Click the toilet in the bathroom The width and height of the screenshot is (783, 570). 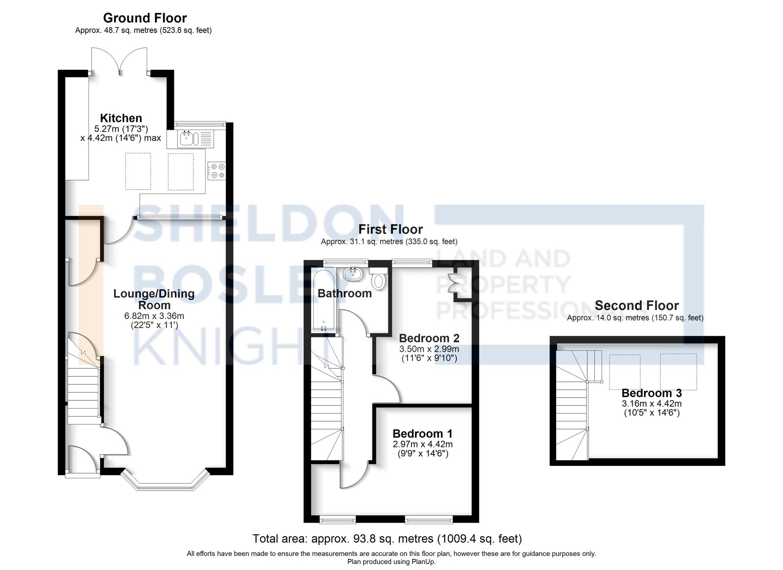click(x=378, y=280)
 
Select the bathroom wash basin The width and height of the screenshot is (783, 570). click(x=354, y=273)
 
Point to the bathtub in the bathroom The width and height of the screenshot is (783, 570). click(x=323, y=300)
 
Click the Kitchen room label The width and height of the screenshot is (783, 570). click(x=121, y=118)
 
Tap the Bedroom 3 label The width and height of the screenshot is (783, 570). click(x=651, y=393)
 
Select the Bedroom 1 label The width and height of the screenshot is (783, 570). click(x=422, y=434)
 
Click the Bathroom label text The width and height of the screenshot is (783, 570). click(x=345, y=293)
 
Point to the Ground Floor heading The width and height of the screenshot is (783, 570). click(x=145, y=18)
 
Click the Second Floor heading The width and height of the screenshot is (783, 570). click(x=637, y=305)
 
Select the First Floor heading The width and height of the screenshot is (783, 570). click(x=390, y=229)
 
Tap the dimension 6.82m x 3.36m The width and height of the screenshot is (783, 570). click(x=154, y=316)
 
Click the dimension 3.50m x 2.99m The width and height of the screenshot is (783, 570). click(x=429, y=349)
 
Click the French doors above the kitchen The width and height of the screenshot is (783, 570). click(x=119, y=61)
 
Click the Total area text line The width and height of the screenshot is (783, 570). click(x=387, y=539)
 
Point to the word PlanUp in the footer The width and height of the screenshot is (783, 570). click(x=423, y=562)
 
